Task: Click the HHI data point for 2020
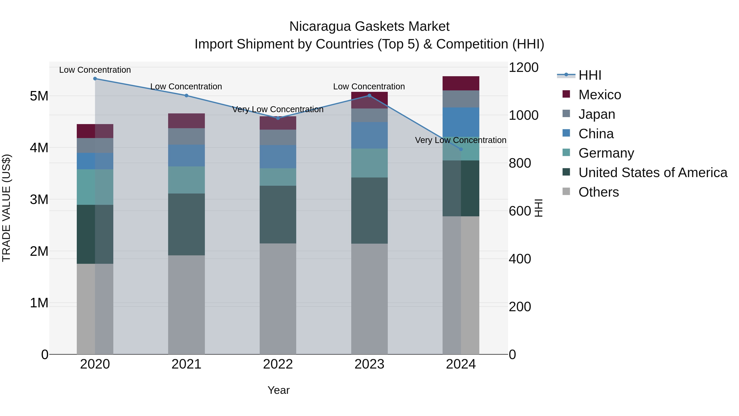(x=95, y=79)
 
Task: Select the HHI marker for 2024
(x=461, y=149)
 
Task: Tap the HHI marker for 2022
(x=278, y=118)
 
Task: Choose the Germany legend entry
(x=606, y=153)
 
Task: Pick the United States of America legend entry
(x=653, y=173)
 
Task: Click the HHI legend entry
(x=590, y=75)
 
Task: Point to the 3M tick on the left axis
(x=39, y=199)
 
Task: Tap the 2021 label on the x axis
(x=186, y=364)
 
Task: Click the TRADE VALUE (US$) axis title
(x=6, y=208)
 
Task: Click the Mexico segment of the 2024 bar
(x=461, y=84)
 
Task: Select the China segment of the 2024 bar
(x=461, y=122)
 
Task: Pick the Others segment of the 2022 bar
(x=278, y=298)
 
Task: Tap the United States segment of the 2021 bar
(x=186, y=224)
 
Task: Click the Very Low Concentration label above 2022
(x=278, y=109)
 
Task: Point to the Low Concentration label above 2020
(x=95, y=70)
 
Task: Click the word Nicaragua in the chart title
(x=320, y=27)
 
